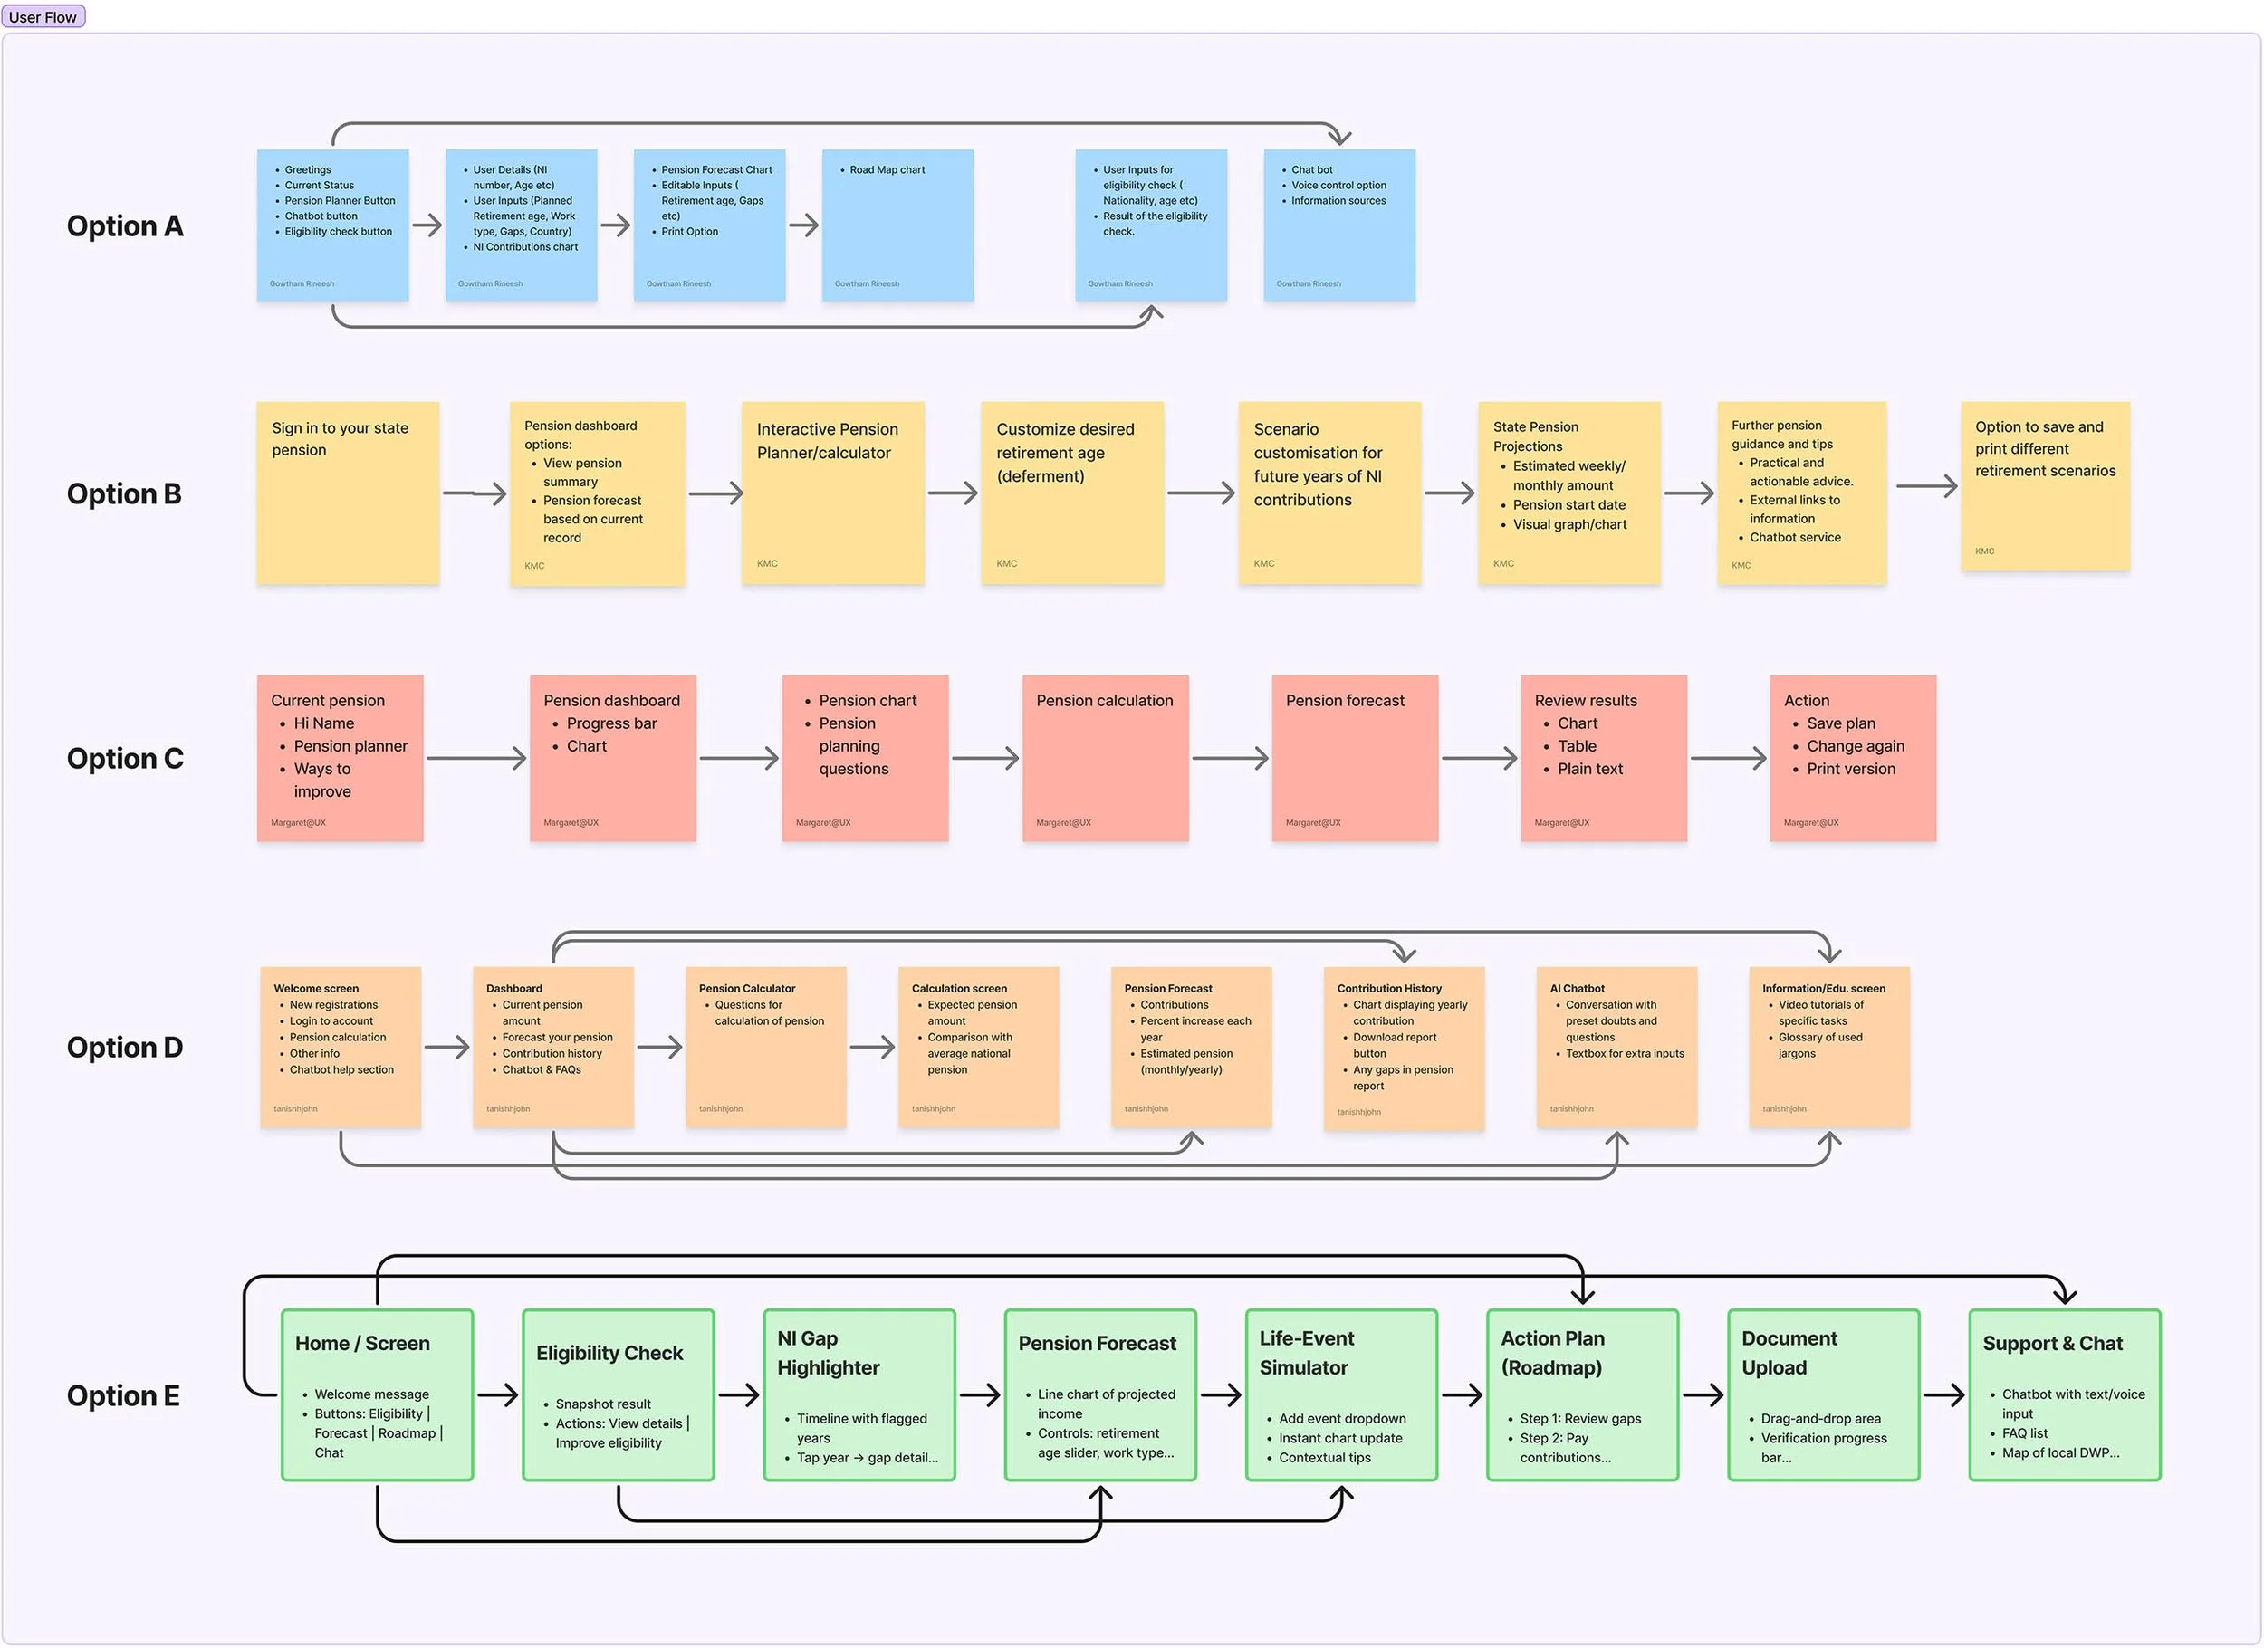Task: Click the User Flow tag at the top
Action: [43, 17]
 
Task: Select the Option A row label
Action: [125, 226]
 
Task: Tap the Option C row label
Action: [125, 759]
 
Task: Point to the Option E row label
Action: [123, 1395]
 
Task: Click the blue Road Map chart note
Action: [897, 225]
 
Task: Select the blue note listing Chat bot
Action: [1338, 225]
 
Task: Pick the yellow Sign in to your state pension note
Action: [348, 493]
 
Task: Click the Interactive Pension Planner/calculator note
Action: [832, 493]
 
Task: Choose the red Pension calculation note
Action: [1105, 759]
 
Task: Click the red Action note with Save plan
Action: [1853, 759]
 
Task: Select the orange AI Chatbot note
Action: [1616, 1047]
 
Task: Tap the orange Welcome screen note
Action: [341, 1047]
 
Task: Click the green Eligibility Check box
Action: [618, 1394]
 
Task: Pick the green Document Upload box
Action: [1823, 1394]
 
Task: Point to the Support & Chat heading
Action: [2052, 1344]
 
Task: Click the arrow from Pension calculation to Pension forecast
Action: [1230, 759]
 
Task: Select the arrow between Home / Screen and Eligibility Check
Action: [497, 1394]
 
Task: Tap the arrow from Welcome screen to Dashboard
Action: [446, 1047]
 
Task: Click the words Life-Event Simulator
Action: [1307, 1353]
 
